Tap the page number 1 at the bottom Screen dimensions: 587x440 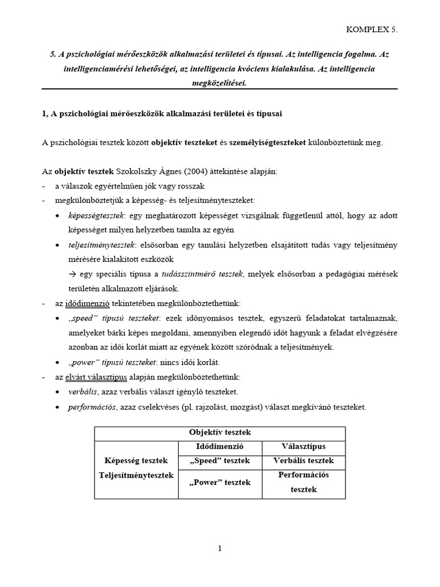(219, 549)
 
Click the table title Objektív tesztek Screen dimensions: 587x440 (220, 433)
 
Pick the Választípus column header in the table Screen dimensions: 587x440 (303, 446)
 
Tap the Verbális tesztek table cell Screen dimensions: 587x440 (303, 460)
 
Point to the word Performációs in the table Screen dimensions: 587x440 (303, 475)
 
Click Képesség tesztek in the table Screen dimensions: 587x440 (136, 460)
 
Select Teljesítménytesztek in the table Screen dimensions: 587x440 (136, 475)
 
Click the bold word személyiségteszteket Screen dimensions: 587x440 (267, 143)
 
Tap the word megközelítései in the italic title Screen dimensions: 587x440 (219, 83)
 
